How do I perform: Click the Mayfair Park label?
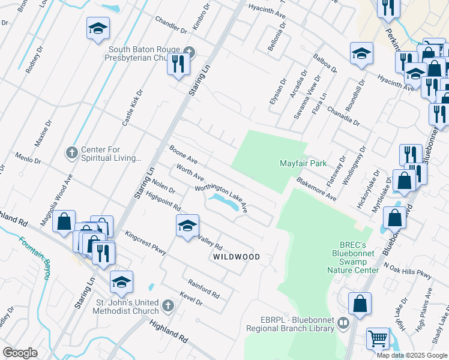[x=303, y=163]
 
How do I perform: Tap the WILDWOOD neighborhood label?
[x=237, y=257]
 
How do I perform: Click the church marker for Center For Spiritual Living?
[x=71, y=151]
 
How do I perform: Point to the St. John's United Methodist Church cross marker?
[x=168, y=306]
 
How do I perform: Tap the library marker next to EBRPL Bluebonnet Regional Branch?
[x=343, y=324]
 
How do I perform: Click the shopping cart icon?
[x=378, y=338]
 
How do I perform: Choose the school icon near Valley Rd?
[x=187, y=226]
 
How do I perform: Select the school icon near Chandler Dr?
[x=98, y=28]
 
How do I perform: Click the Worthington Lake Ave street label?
[x=221, y=197]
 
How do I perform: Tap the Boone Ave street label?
[x=184, y=155]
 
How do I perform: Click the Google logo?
[x=20, y=353]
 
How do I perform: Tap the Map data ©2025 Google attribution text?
[x=412, y=355]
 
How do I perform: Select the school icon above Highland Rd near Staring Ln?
[x=121, y=281]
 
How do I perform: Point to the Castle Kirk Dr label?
[x=133, y=108]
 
